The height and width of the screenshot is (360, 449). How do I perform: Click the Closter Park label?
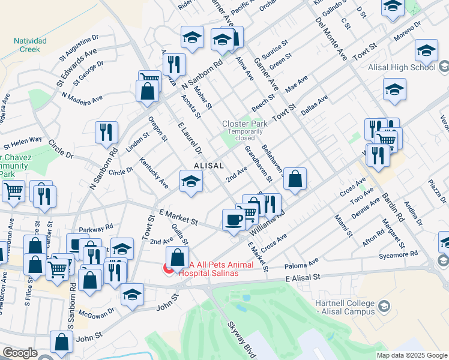tap(244, 124)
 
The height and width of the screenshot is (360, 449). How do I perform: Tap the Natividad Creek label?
tap(29, 46)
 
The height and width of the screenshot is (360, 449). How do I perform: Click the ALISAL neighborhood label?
tap(209, 165)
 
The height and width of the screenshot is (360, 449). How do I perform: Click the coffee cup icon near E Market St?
tap(232, 219)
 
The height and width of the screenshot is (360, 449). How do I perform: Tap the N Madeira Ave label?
tap(82, 98)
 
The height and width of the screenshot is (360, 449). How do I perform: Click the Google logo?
tap(20, 353)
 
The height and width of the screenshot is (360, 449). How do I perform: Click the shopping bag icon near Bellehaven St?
tap(295, 178)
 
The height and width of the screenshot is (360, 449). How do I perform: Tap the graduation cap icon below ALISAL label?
tap(191, 181)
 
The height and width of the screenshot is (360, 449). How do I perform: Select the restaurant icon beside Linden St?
tap(106, 131)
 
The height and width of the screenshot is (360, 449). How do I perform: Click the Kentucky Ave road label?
tap(154, 172)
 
